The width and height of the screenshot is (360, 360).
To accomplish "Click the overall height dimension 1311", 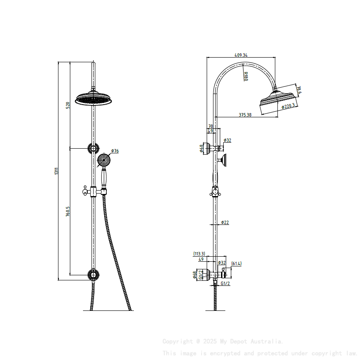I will [x=57, y=172].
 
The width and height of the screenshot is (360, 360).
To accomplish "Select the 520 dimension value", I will [x=68, y=105].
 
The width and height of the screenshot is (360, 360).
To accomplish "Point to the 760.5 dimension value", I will [x=68, y=212].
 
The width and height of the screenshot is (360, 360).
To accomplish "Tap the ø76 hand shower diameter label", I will [x=115, y=151].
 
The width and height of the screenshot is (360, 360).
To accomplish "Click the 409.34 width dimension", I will [x=241, y=55].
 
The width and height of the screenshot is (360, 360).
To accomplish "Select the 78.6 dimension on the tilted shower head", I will [x=299, y=90].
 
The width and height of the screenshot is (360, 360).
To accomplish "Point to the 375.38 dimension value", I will [x=245, y=115].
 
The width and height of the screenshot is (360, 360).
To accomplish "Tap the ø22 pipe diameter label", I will [x=225, y=222].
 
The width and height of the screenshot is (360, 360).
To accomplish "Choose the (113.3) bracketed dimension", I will [x=199, y=254].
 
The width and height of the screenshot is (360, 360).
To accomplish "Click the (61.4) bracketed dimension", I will [x=236, y=263].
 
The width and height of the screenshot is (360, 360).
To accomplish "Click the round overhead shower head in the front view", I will [x=94, y=99].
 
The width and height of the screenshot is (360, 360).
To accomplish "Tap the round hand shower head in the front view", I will [x=103, y=160].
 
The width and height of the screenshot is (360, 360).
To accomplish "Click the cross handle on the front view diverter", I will [x=86, y=191].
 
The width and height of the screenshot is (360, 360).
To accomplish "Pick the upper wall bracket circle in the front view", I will [x=93, y=148].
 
